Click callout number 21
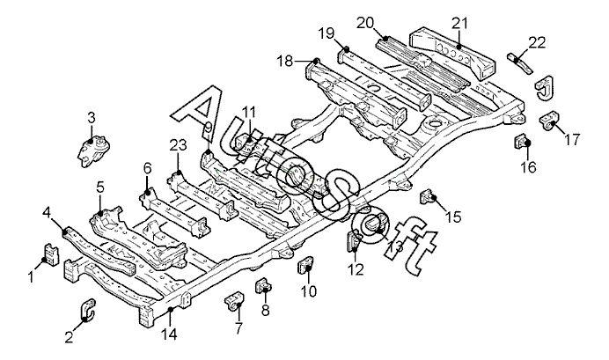(x=460, y=24)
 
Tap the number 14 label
(x=169, y=334)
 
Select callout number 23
(x=178, y=145)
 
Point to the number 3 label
(x=91, y=118)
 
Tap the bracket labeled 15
(x=427, y=195)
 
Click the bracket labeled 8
(x=263, y=285)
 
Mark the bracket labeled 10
(x=306, y=265)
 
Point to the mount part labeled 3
(x=93, y=151)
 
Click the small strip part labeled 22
(x=519, y=62)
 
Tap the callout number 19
(x=327, y=33)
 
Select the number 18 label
(x=284, y=61)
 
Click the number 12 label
(x=356, y=269)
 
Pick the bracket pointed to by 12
(x=354, y=240)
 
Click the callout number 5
(x=100, y=187)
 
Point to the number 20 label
(x=366, y=23)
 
